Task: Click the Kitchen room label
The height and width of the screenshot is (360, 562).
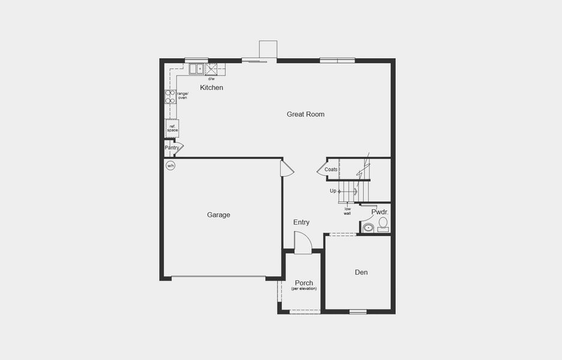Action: coord(211,88)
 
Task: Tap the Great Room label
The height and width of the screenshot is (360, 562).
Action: coord(305,114)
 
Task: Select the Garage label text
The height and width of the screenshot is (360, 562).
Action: coord(219,215)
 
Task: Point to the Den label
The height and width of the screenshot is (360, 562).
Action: coord(361,272)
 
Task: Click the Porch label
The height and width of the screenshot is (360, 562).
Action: coord(304,283)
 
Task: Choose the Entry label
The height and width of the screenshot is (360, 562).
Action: coord(301,223)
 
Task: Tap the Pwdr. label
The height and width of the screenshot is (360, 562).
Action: coord(379,212)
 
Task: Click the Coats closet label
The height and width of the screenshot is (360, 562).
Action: coord(331,170)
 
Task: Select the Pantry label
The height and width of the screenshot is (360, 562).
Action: coord(172,148)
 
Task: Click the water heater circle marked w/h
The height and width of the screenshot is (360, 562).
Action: coord(171,166)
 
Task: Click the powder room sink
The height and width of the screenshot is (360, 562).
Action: coord(368,227)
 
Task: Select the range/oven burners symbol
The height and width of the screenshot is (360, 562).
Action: coord(171,97)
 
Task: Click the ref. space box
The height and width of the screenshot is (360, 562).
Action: coord(172,128)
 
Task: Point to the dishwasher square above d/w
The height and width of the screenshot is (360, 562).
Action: coord(211,69)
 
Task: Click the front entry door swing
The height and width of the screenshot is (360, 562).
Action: coord(303,244)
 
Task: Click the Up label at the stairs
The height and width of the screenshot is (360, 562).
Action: coord(333,191)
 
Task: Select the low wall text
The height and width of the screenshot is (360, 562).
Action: coord(347,211)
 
